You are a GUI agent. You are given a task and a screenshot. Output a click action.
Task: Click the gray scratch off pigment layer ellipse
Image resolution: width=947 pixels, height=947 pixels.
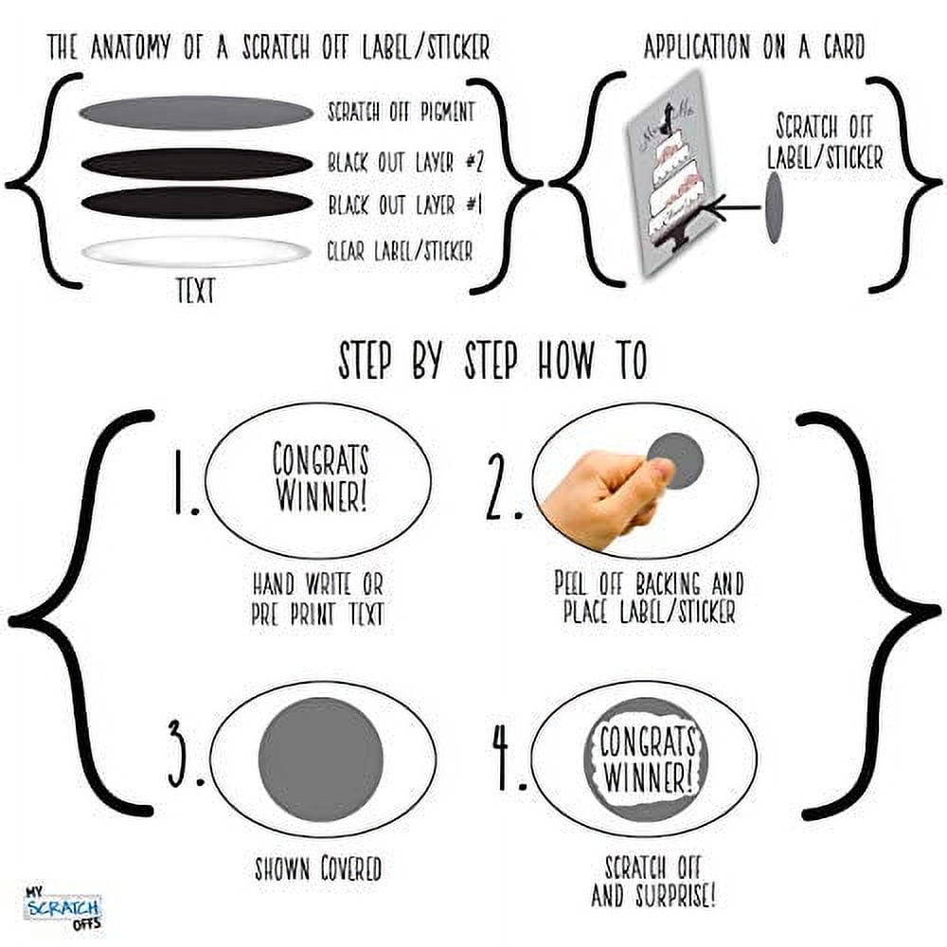196,113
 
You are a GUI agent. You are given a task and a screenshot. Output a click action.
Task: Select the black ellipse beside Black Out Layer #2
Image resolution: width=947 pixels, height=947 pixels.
197,164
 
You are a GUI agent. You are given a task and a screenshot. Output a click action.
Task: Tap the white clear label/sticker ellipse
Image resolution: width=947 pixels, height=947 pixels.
196,251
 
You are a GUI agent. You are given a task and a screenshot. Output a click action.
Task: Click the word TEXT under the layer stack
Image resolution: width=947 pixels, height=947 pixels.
196,291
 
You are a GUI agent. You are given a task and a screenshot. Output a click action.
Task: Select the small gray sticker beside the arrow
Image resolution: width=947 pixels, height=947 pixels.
774,207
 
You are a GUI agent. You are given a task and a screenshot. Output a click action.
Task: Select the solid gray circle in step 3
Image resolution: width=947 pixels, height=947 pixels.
321,759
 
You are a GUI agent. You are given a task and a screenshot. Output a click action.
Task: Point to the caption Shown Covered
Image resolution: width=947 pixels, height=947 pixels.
317,868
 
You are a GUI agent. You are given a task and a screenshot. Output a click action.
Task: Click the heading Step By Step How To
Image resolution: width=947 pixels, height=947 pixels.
492,361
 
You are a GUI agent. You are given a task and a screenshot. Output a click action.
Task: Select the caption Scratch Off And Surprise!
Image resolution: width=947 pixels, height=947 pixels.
652,882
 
